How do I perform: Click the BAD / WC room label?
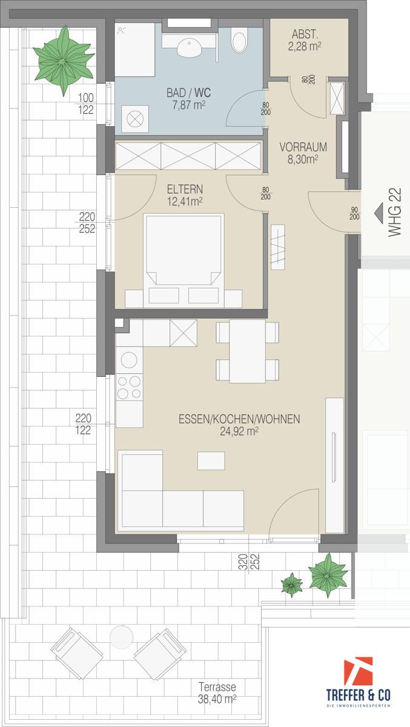(x=188, y=99)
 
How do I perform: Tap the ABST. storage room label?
(x=305, y=40)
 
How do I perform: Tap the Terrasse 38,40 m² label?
(x=217, y=692)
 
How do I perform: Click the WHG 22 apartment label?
(x=395, y=212)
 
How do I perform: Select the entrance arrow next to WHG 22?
(x=379, y=213)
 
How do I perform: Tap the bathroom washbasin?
(x=189, y=47)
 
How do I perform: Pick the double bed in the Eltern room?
(x=184, y=261)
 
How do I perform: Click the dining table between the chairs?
(x=248, y=351)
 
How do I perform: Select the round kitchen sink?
(x=129, y=360)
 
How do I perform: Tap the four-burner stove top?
(x=130, y=387)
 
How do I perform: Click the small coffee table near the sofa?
(x=211, y=460)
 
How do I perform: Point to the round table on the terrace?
(x=121, y=637)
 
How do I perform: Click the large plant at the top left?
(x=64, y=61)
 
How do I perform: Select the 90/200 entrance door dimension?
(x=354, y=213)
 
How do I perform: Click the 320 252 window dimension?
(x=249, y=562)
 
